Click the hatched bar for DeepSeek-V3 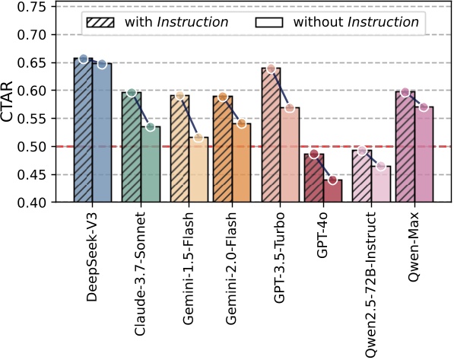tap(83, 130)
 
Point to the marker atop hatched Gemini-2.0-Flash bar tap(222, 97)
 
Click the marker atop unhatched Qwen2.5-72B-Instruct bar tap(381, 166)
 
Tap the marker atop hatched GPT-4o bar tap(314, 155)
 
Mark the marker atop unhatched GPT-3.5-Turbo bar tap(290, 108)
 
